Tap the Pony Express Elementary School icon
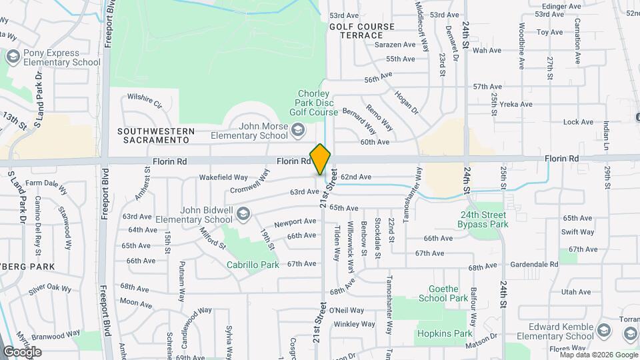point(13,57)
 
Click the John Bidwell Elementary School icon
point(243,213)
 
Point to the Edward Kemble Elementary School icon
point(603,331)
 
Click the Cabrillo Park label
point(253,265)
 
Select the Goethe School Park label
point(443,293)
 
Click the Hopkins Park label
point(445,333)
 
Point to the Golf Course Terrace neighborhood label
point(362,31)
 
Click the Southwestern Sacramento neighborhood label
point(156,135)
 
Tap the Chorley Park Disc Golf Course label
point(319,103)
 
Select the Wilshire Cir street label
point(145,100)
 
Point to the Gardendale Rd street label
point(531,265)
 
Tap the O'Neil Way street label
point(347,310)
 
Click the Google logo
point(22,351)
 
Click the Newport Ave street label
point(295,221)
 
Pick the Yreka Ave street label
point(517,104)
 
